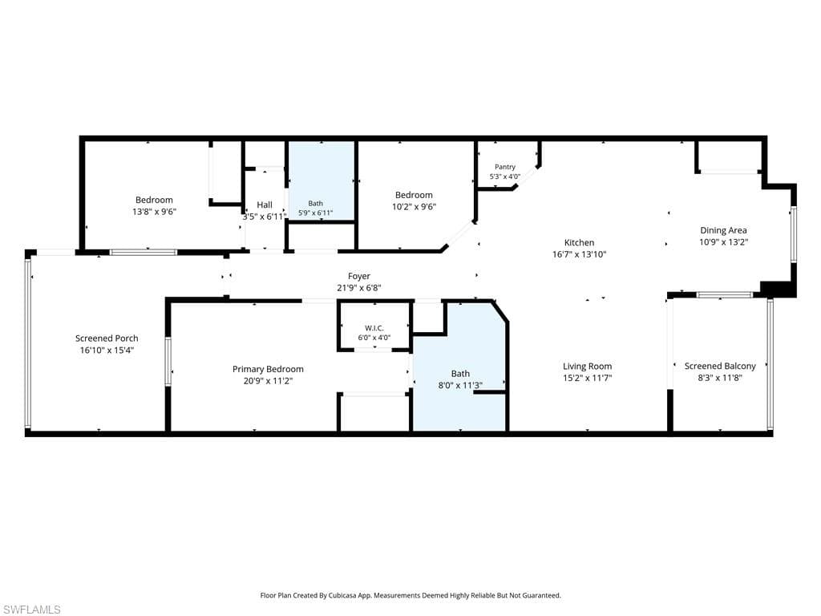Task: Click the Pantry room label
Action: (505, 167)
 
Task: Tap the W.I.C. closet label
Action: (374, 328)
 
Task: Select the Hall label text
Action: (265, 205)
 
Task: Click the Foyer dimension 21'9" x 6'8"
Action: (358, 288)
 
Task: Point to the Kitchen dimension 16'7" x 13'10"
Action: (579, 254)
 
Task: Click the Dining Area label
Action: (724, 230)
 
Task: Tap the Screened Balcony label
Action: (720, 366)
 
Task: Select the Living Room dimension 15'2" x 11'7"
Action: (588, 378)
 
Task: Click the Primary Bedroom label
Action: (268, 369)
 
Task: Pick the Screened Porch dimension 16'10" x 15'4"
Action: (107, 350)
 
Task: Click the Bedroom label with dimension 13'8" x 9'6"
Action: (154, 200)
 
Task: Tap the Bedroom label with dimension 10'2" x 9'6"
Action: (414, 195)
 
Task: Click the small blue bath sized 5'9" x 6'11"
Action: (322, 180)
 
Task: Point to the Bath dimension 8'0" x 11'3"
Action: (460, 385)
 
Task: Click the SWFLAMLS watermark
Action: (30, 610)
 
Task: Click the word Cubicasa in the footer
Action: (343, 596)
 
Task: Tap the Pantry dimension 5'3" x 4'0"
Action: (505, 176)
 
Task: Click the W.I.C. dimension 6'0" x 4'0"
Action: (374, 338)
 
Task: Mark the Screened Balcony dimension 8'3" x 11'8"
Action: (720, 378)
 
